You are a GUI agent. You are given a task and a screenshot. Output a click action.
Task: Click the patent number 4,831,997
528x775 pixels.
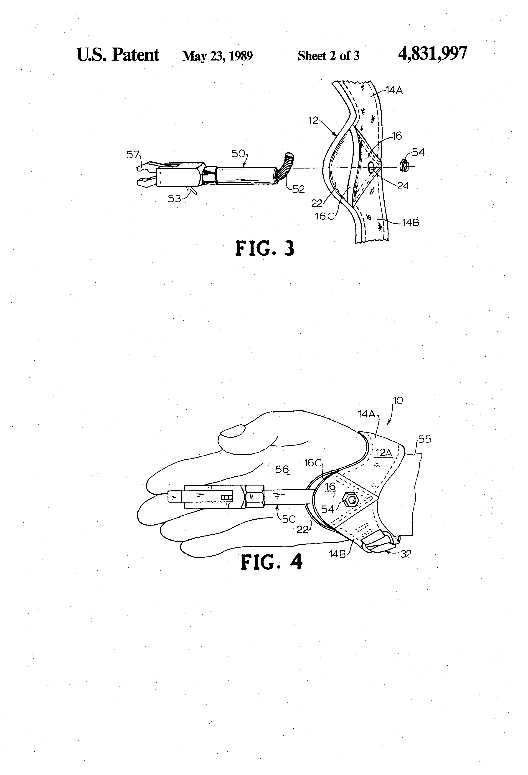click(x=433, y=53)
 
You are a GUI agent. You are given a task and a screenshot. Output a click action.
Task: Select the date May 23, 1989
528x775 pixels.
click(x=218, y=56)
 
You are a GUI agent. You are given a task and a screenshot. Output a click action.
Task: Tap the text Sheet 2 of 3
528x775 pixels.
click(x=328, y=55)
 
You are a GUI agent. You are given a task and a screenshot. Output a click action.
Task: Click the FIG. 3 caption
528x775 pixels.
click(x=265, y=248)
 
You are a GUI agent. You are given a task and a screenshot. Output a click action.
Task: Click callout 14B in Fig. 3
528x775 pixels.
click(x=411, y=222)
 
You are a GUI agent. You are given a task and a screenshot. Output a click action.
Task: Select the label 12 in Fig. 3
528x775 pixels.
click(x=313, y=121)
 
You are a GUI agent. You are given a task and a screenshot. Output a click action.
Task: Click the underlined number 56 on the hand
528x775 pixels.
click(x=282, y=470)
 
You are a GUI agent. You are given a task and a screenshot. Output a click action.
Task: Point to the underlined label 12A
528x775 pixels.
click(x=383, y=453)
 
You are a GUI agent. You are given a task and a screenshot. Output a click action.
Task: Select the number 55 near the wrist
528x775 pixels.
click(x=424, y=439)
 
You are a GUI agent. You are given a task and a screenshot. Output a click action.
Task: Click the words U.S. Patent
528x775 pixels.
click(x=118, y=55)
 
